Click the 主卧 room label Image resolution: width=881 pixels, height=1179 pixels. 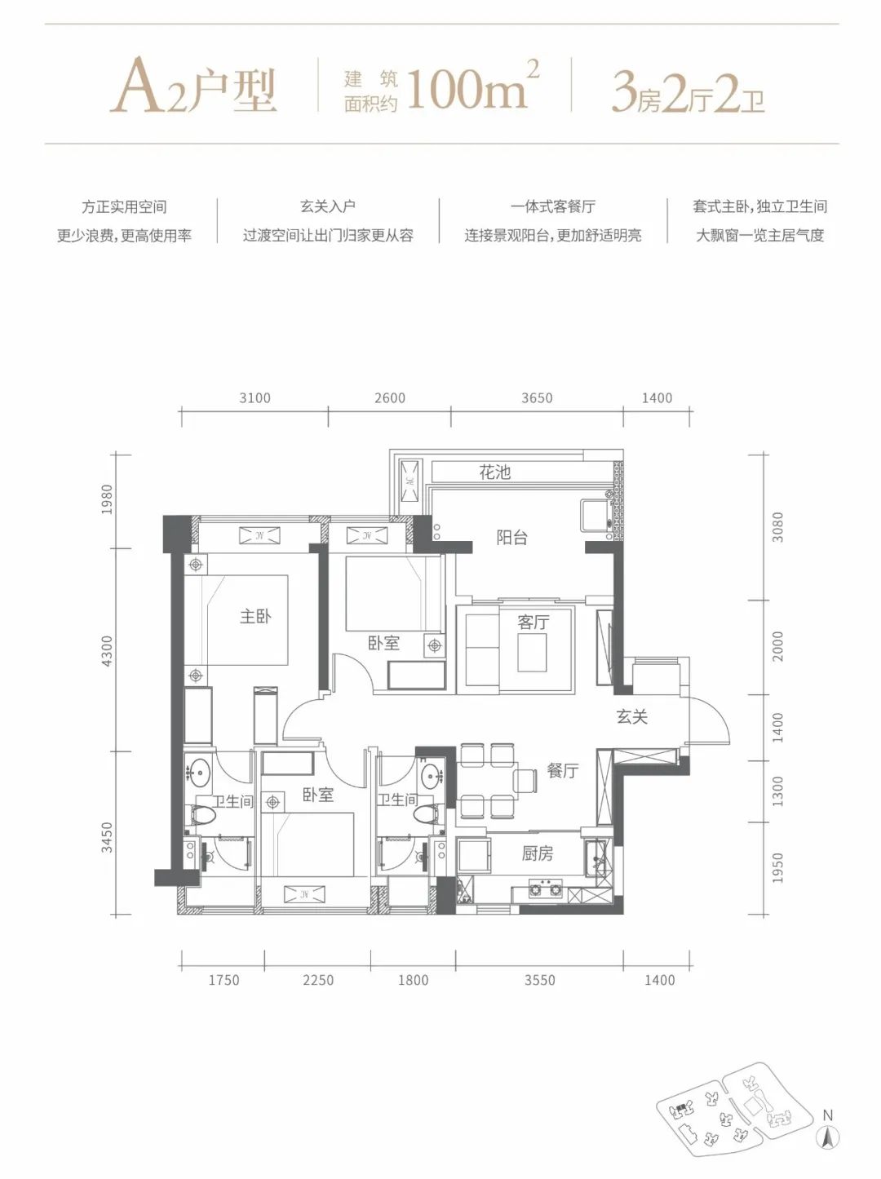(255, 616)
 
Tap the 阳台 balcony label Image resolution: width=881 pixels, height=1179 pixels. (512, 537)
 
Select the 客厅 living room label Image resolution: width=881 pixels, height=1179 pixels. (533, 622)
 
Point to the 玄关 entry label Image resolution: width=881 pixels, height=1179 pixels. (632, 716)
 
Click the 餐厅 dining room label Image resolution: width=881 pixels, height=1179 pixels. (563, 770)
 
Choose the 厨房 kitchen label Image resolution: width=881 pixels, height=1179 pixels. (538, 853)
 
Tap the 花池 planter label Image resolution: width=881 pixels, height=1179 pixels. (494, 472)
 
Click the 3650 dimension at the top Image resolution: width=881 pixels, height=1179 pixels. (537, 398)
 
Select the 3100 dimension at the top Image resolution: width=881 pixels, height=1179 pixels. (255, 398)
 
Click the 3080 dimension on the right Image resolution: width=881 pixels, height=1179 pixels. (777, 527)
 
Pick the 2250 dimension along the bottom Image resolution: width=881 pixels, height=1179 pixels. (318, 980)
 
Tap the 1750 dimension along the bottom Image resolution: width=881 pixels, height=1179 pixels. (224, 980)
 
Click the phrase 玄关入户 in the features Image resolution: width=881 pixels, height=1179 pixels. (328, 206)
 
